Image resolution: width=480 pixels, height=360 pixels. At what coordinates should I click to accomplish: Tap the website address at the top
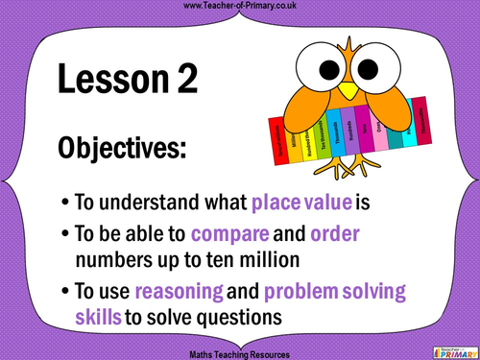239,7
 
